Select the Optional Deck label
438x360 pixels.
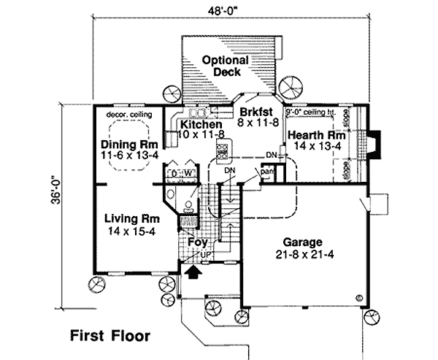228,66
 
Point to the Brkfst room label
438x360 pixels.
253,112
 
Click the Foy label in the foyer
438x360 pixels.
195,242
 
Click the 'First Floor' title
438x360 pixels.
109,337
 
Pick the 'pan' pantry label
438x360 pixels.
267,172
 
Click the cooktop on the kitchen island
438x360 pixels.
222,152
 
